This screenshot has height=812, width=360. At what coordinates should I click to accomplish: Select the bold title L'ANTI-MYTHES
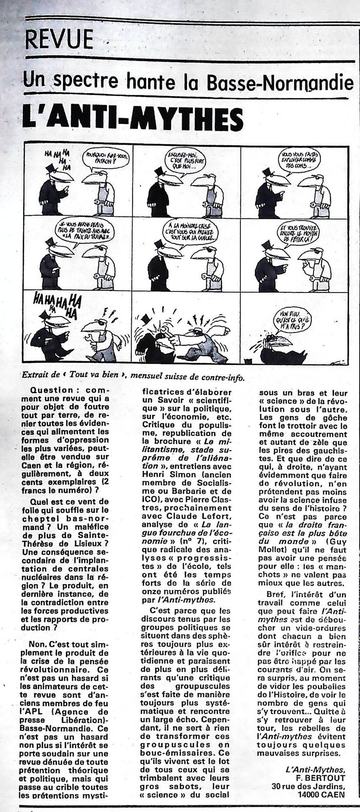pos(133,119)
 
